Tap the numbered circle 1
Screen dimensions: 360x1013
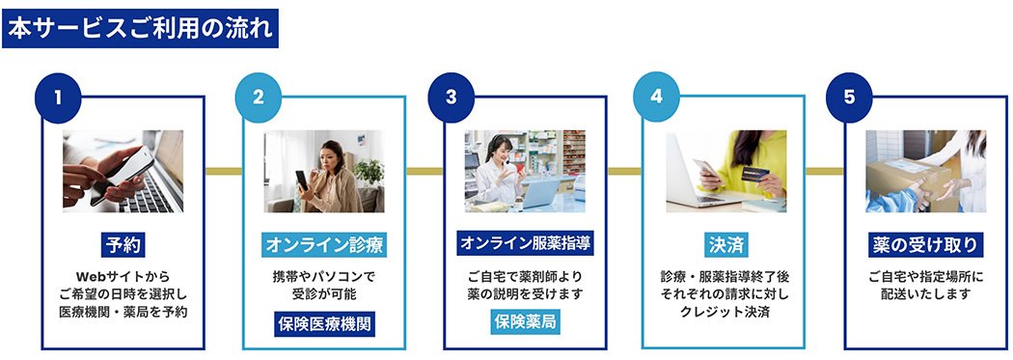58,97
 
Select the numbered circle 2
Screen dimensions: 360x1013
258,97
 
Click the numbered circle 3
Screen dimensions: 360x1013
452,97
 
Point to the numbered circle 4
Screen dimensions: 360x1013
656,97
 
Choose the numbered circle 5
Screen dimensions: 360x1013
849,97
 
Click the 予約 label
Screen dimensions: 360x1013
123,244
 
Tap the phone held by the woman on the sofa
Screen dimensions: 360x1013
301,179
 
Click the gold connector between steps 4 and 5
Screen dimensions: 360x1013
824,171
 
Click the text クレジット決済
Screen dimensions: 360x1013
726,312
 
